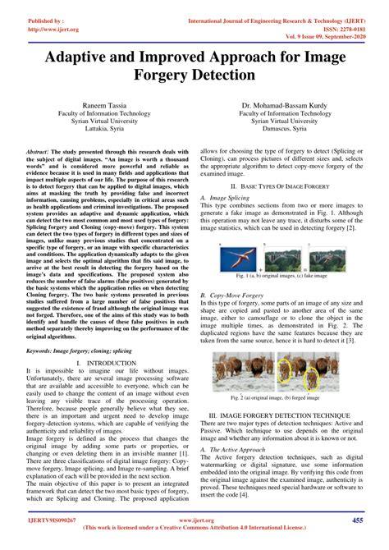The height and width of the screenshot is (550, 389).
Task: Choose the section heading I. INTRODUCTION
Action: pyautogui.click(x=102, y=385)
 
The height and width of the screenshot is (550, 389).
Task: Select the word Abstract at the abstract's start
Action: pyautogui.click(x=39, y=153)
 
